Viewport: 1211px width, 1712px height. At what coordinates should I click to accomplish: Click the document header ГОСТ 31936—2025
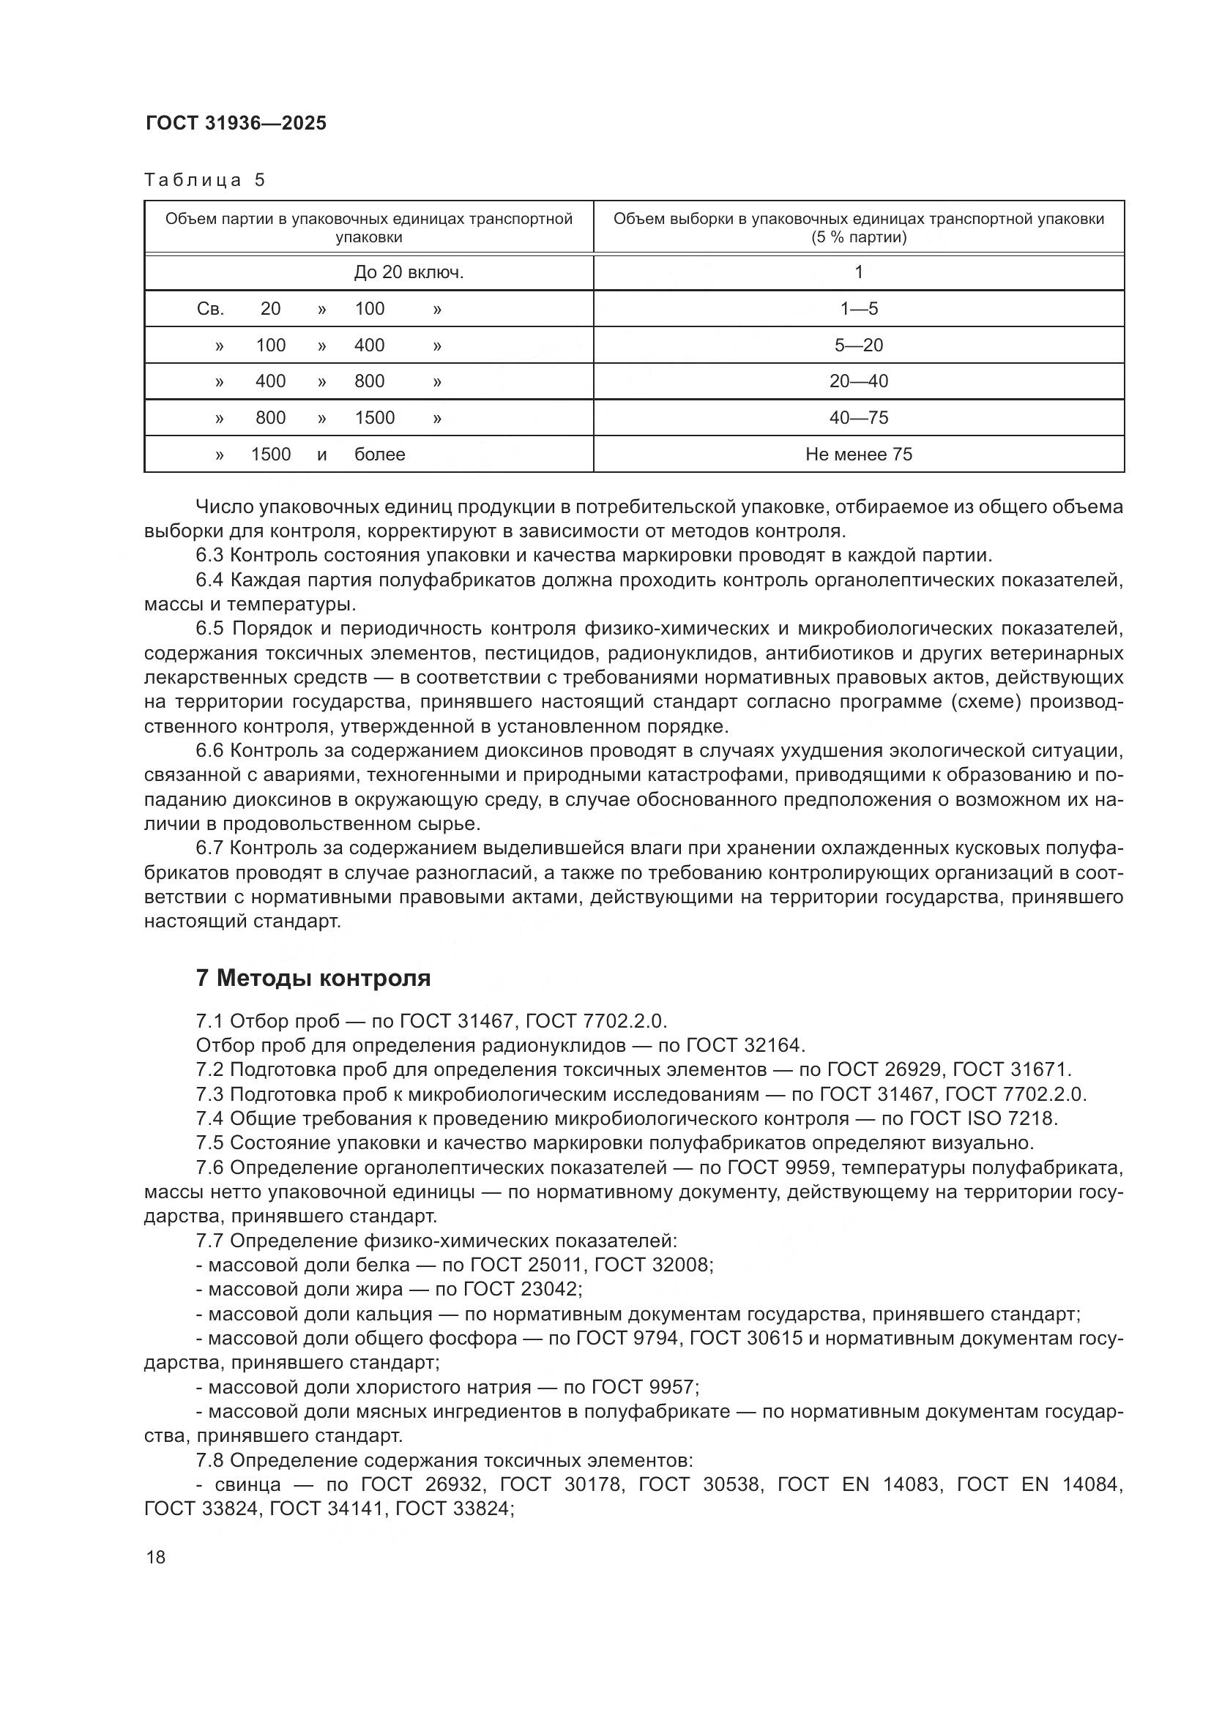236,124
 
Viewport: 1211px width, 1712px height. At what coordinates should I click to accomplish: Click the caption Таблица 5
205,180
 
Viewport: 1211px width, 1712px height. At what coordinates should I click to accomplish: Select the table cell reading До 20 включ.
409,272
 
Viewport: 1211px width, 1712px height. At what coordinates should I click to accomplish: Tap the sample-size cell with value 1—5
858,309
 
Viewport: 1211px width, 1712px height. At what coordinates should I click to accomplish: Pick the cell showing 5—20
858,345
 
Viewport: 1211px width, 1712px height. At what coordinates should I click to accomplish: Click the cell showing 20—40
858,381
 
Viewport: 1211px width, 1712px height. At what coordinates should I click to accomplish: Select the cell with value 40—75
858,417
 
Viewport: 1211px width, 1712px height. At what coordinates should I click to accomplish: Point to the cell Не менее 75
858,454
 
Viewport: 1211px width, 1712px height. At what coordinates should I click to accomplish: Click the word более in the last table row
379,454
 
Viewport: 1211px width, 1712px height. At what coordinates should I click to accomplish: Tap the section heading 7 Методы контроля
313,978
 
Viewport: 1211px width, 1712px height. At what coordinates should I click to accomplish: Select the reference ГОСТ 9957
644,1387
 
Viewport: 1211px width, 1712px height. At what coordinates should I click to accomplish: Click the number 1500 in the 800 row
374,417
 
